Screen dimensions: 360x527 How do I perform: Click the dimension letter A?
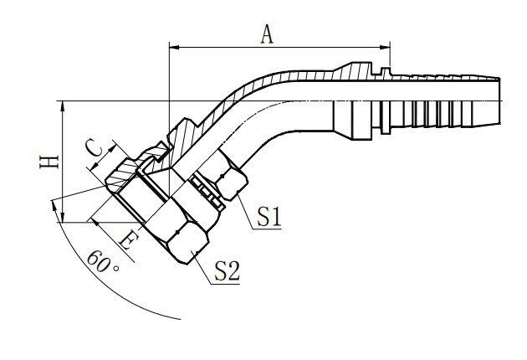tap(267, 33)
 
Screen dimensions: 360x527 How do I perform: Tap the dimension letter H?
tap(51, 160)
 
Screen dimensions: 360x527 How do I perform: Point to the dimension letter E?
tap(128, 240)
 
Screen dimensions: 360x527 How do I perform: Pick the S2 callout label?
tap(227, 270)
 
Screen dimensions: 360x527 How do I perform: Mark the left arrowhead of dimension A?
tap(173, 47)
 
